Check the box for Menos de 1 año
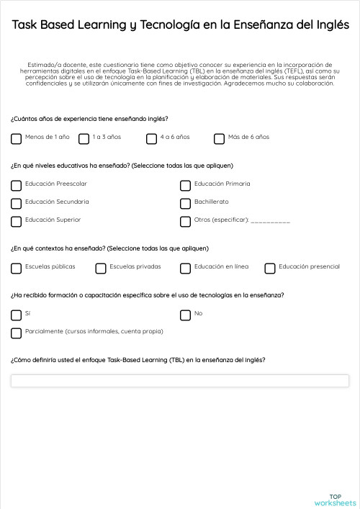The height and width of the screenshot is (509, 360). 16,138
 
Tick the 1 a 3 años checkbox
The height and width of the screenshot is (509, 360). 84,138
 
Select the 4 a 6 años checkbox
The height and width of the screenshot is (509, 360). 151,138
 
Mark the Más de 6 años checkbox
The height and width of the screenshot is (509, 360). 219,138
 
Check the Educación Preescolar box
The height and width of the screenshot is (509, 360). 16,185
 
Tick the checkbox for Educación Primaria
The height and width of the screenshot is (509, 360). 185,185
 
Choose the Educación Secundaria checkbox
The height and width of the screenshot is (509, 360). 16,203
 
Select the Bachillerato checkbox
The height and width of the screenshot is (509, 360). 185,203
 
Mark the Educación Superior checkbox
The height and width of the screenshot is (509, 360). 16,221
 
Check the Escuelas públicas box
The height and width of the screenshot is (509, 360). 16,268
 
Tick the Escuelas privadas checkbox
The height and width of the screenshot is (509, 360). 100,268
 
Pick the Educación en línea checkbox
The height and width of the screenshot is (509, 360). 185,268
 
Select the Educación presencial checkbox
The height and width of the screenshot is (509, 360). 270,268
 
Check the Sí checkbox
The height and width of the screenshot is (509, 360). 16,315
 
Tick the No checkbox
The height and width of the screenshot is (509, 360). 185,315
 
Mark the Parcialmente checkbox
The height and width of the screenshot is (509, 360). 16,333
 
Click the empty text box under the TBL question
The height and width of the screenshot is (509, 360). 179,381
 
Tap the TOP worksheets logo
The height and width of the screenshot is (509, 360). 336,500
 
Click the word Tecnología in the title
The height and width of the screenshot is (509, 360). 175,25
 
